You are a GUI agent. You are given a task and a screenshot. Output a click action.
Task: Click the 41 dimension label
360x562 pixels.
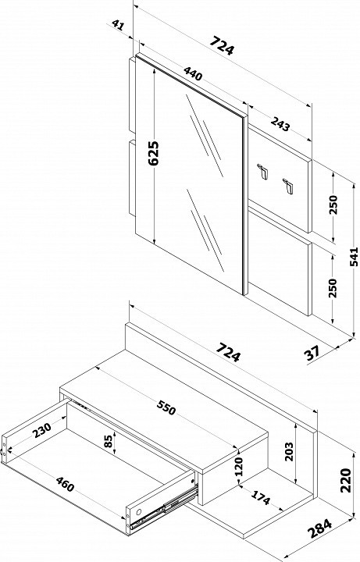118,25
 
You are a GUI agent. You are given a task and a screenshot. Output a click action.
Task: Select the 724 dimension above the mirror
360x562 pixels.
222,44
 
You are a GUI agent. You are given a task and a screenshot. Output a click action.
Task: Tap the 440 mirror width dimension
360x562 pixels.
193,73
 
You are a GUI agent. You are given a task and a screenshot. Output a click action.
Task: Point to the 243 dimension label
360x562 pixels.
280,124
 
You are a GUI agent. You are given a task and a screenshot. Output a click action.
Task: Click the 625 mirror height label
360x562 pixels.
154,153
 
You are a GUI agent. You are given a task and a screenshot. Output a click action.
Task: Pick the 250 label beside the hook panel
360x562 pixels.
333,205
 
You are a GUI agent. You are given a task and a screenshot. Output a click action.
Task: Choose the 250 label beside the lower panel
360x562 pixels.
333,288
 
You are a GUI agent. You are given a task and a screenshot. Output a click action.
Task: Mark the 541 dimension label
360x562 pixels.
354,257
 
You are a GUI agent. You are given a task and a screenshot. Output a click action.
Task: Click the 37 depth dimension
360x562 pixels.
312,354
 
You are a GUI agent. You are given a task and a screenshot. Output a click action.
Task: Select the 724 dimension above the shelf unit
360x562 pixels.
229,352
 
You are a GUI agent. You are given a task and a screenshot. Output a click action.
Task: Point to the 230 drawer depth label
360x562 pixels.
41,430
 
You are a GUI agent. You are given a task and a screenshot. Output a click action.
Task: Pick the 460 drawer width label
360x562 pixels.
65,485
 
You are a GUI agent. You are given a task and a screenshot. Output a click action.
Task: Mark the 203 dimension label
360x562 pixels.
289,451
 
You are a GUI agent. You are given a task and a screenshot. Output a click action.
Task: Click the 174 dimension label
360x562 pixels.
261,497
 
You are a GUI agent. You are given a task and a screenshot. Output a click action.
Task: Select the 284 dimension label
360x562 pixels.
320,528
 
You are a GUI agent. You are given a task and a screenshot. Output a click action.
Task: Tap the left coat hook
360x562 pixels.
263,171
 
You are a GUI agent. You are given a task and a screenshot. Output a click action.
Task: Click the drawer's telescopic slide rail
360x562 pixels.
163,507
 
